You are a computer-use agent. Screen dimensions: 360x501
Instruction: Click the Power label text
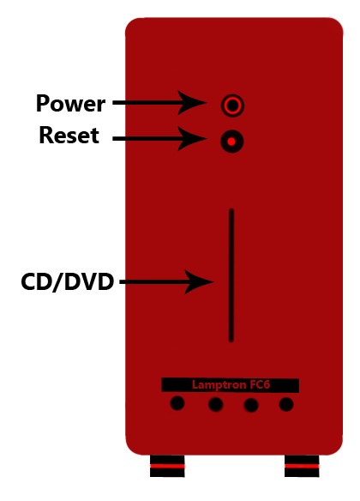70,103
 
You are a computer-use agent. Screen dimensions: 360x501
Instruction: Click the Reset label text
69,136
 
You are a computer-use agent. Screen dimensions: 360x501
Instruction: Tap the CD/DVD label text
68,281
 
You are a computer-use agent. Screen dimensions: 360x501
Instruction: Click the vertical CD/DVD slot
231,275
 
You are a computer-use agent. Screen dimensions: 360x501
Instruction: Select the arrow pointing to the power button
159,103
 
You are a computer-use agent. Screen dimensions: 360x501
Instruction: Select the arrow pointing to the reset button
159,139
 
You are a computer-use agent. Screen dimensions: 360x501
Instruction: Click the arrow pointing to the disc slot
166,281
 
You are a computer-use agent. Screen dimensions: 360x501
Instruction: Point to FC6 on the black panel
260,384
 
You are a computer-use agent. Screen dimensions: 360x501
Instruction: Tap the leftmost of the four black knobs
177,403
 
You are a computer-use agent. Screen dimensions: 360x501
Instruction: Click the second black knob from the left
216,405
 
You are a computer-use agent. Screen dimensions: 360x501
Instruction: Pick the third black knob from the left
251,405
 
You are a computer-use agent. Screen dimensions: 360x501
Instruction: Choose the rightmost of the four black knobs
286,404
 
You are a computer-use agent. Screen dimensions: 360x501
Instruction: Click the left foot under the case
167,466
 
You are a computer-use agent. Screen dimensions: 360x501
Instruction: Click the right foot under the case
302,466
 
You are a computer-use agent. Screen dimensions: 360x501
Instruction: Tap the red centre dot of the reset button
232,142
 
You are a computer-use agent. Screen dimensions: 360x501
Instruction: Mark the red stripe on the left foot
167,466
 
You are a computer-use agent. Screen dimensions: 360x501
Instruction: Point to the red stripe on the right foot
302,466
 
